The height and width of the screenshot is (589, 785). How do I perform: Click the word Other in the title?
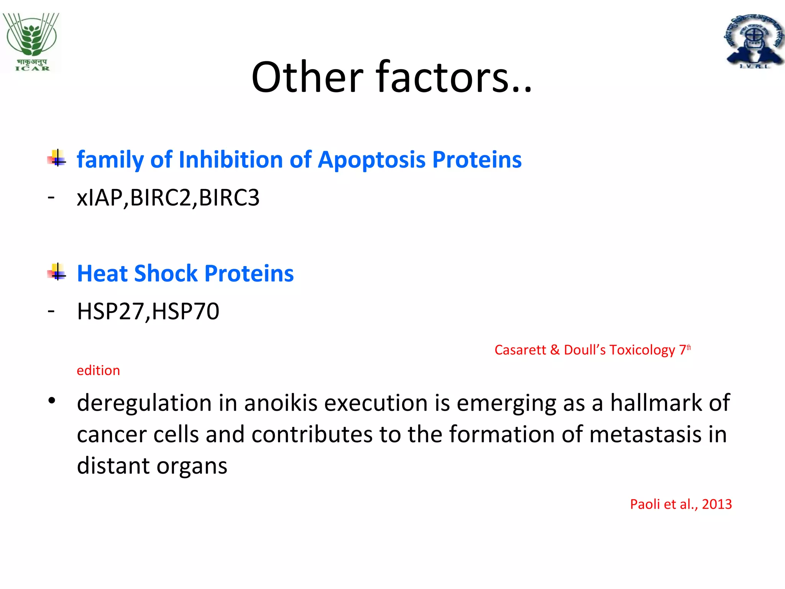click(307, 77)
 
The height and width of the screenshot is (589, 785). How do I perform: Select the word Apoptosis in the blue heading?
click(371, 160)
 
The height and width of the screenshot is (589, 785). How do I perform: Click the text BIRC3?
click(229, 198)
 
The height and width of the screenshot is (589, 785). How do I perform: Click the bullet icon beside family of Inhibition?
click(57, 158)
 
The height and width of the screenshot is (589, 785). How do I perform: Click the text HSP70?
click(186, 311)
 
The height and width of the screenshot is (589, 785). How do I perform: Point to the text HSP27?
click(110, 311)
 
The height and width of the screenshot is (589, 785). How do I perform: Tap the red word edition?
click(98, 370)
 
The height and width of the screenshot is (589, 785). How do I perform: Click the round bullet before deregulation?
click(52, 401)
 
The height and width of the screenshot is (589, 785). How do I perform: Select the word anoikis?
click(281, 403)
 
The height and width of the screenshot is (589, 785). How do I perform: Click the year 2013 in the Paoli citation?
click(717, 504)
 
